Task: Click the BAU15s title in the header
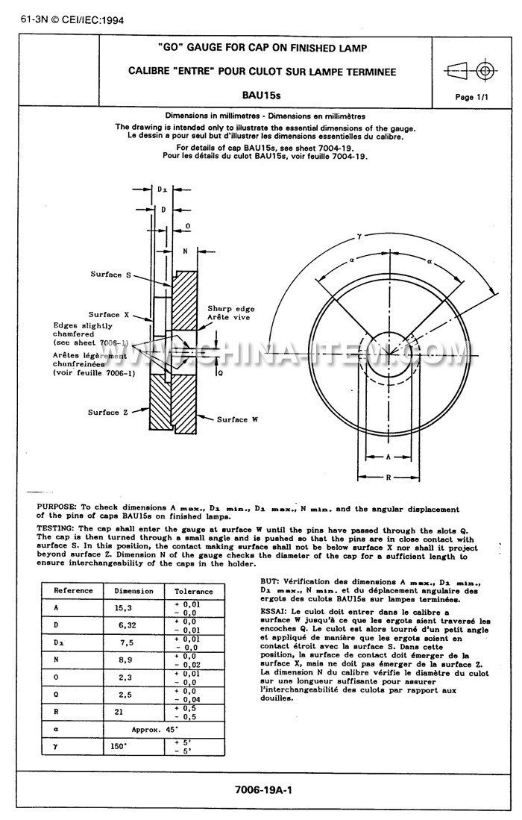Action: tap(261, 96)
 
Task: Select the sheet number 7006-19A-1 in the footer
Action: tap(261, 789)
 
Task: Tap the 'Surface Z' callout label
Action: tap(104, 413)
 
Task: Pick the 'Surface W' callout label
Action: tap(237, 419)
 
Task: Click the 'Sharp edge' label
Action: tap(227, 307)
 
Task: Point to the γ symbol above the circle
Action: tap(359, 235)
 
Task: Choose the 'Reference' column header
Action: tap(73, 590)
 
